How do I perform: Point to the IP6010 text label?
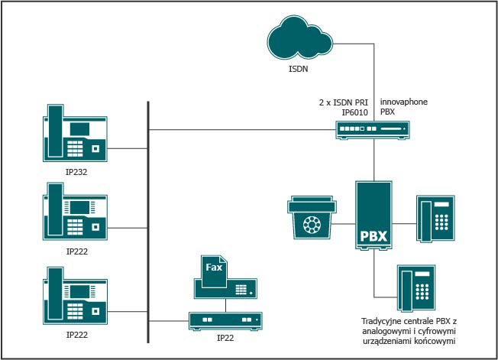pyautogui.click(x=355, y=112)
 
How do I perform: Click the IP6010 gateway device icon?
pyautogui.click(x=371, y=131)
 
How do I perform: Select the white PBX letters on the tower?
pyautogui.click(x=373, y=235)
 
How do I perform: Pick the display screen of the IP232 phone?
pyautogui.click(x=82, y=128)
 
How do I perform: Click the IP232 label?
pyautogui.click(x=76, y=173)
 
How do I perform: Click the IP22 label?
pyautogui.click(x=225, y=336)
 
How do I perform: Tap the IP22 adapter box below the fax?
pyautogui.click(x=225, y=320)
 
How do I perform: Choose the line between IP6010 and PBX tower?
pyautogui.click(x=373, y=161)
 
